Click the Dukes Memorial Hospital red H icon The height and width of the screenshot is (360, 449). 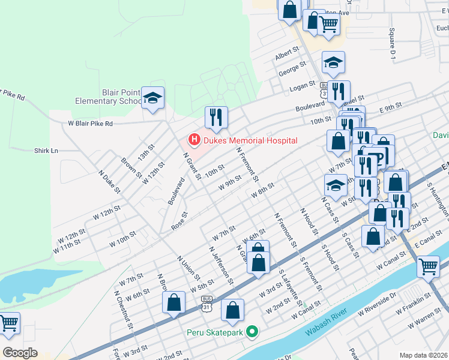[x=194, y=140]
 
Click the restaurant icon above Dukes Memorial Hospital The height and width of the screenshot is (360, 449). [x=215, y=116]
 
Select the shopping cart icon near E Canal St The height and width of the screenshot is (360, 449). [x=427, y=266]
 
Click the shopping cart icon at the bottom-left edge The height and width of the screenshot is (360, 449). [x=8, y=324]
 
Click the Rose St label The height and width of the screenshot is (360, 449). [x=179, y=220]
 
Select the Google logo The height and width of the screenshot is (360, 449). [x=20, y=353]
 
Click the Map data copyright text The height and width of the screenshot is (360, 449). [x=424, y=355]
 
